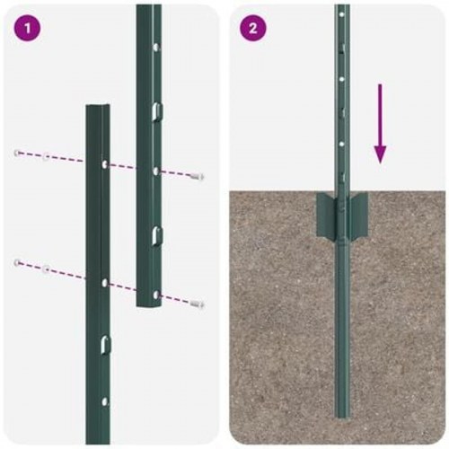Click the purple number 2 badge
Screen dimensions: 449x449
252,28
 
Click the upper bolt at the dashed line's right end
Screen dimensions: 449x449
198,177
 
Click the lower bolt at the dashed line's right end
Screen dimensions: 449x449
198,304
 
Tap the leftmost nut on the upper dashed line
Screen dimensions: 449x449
18,154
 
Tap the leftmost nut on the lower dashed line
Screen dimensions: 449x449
17,262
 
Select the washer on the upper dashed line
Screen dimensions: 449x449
46,157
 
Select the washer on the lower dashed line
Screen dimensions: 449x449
46,268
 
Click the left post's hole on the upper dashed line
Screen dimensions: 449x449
105,165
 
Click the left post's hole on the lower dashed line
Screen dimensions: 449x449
105,282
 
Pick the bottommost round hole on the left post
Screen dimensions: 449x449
105,401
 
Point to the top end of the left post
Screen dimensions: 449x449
98,107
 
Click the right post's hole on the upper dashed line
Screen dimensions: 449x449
155,170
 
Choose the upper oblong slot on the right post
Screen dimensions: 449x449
156,110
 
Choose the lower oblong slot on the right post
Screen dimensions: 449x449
156,234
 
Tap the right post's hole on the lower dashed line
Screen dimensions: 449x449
155,294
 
